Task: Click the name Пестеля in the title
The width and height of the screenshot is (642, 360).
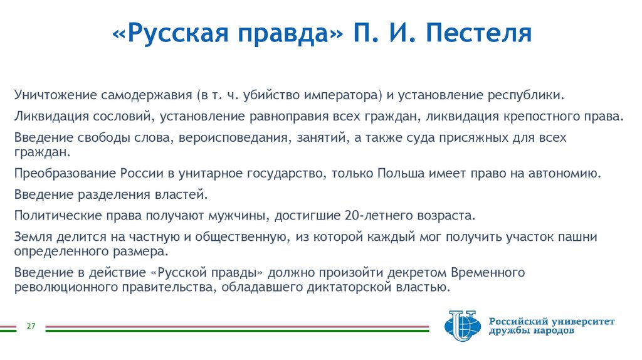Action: coord(480,33)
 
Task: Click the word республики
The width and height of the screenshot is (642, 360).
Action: coord(527,96)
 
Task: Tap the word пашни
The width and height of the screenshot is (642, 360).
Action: coord(581,236)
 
